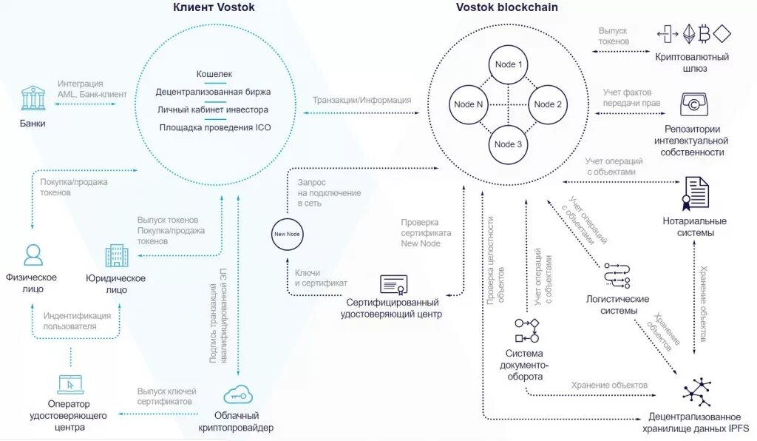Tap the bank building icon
[x=33, y=98]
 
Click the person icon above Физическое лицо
[x=33, y=255]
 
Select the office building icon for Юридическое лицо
[x=117, y=255]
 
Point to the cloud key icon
[x=238, y=395]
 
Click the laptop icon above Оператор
[x=70, y=385]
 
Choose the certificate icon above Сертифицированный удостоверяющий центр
[x=393, y=285]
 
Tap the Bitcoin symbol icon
[x=705, y=34]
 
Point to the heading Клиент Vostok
[x=214, y=7]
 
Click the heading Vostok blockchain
[x=507, y=7]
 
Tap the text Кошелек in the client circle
[x=214, y=74]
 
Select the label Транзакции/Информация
[x=361, y=100]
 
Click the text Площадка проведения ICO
[x=215, y=127]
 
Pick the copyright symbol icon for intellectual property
[x=693, y=104]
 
